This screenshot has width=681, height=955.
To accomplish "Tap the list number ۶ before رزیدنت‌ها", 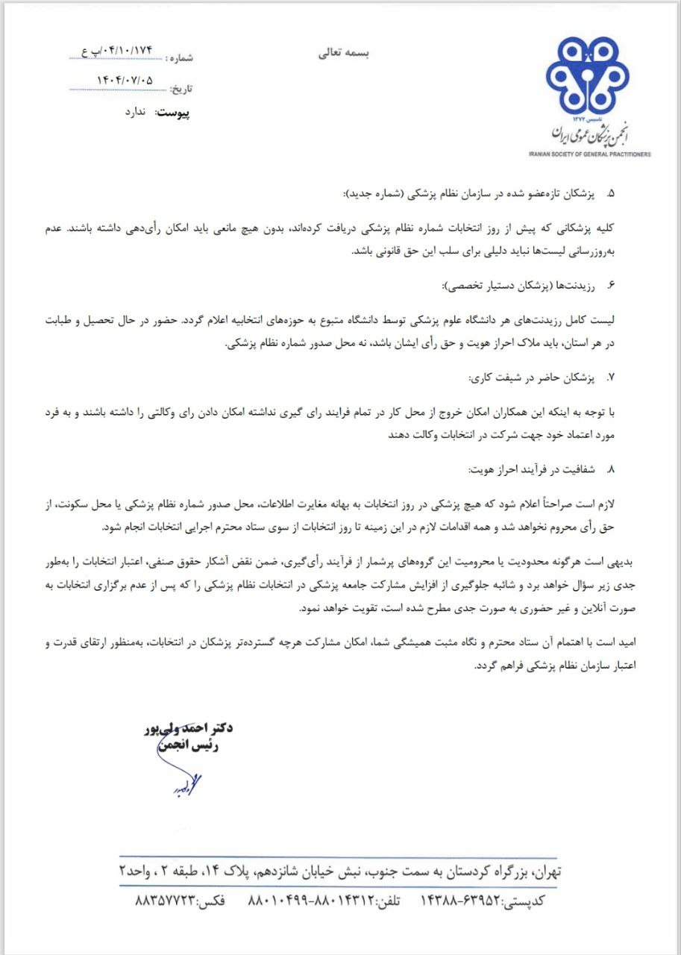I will [610, 286].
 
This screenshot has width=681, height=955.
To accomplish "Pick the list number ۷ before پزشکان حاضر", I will [610, 378].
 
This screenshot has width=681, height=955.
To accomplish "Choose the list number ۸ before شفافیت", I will [610, 470].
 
